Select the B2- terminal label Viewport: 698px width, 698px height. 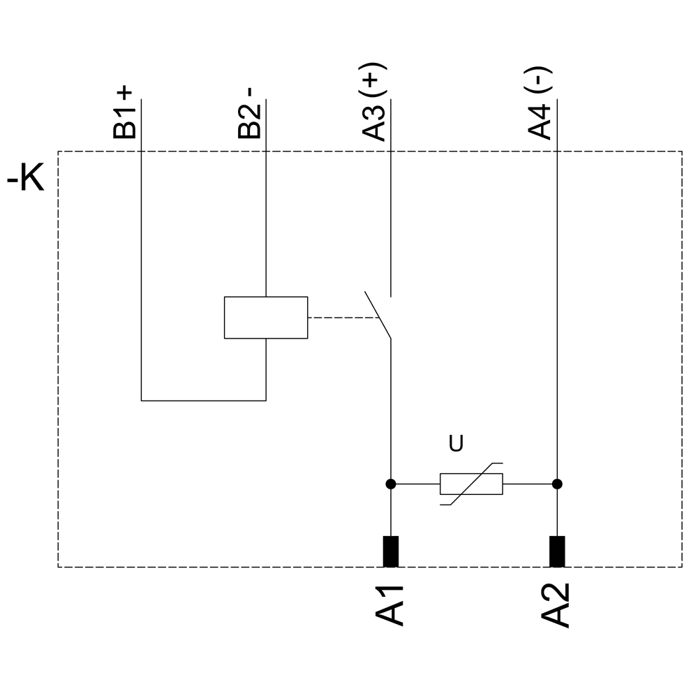point(250,113)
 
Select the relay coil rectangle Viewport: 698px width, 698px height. point(266,318)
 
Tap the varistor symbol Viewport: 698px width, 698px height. point(471,484)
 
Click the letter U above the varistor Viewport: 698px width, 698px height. point(456,444)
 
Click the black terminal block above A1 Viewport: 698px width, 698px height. point(391,551)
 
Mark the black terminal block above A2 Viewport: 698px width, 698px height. point(557,551)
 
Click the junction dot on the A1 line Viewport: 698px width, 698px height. point(391,484)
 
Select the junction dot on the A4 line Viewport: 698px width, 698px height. point(557,484)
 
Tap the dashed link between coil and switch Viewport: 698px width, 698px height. point(342,318)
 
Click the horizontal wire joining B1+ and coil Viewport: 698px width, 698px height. point(203,401)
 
